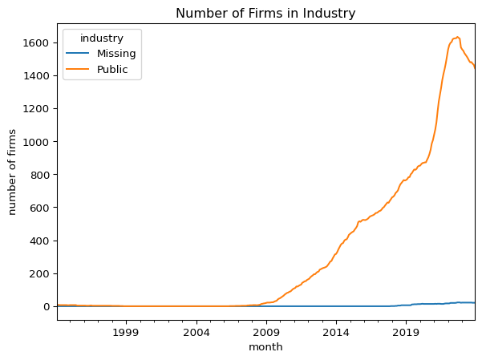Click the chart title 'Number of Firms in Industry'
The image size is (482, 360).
pos(265,13)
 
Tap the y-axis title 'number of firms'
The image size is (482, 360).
pos(12,172)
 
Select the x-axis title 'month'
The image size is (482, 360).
pos(265,347)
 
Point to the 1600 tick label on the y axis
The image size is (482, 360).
pos(35,42)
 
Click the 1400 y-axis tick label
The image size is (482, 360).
pos(35,75)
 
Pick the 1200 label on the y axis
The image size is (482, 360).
pos(35,108)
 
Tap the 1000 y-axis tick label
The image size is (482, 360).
pos(35,142)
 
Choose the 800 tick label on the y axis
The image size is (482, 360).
pos(39,175)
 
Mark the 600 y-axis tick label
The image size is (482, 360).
pos(39,208)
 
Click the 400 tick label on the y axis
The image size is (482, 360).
pos(39,241)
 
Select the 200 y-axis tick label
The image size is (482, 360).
pos(39,273)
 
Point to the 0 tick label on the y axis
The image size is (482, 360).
pos(46,306)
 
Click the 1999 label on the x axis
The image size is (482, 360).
pos(126,332)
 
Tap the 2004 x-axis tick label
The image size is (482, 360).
pos(196,332)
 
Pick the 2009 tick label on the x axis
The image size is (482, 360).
pos(266,332)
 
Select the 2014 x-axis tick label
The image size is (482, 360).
pos(336,332)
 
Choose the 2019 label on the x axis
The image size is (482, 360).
pos(406,332)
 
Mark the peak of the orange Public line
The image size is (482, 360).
pos(458,37)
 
